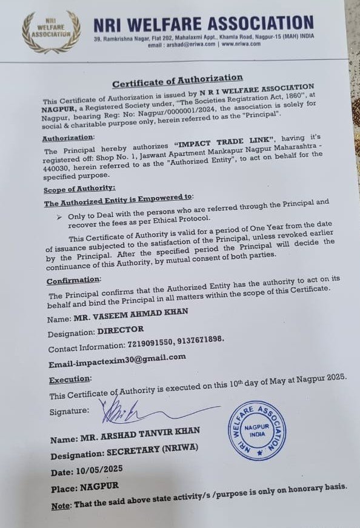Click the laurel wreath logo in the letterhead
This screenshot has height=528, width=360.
(50, 32)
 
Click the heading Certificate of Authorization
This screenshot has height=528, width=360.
(178, 79)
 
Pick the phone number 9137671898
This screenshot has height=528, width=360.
(201, 341)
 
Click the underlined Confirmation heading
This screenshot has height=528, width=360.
(73, 280)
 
